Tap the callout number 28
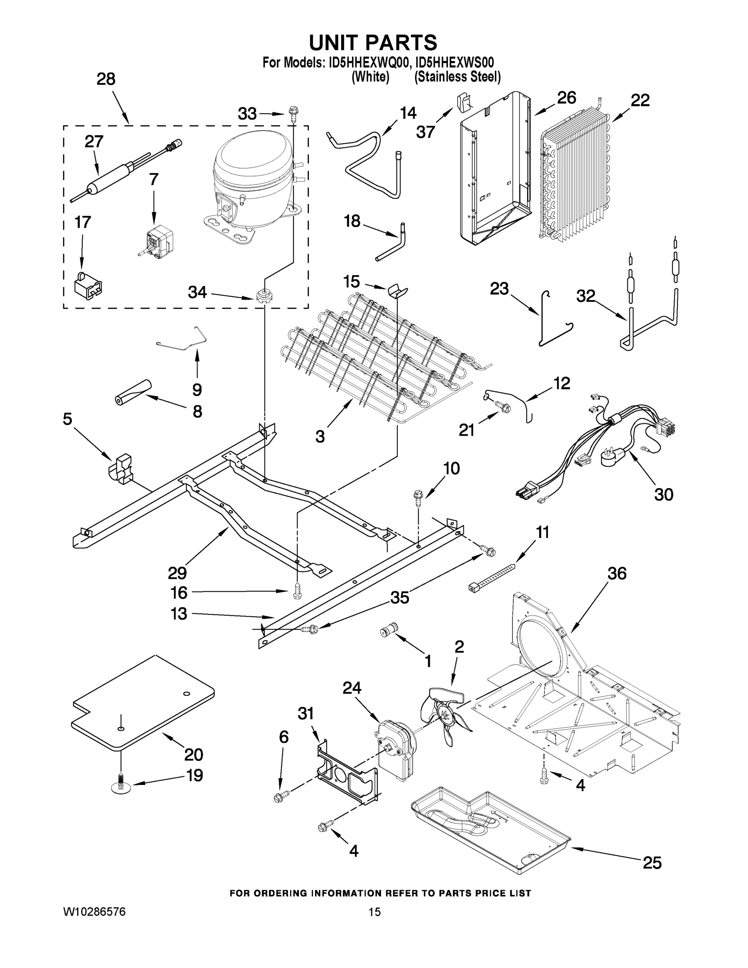pyautogui.click(x=106, y=79)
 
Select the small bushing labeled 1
pyautogui.click(x=389, y=630)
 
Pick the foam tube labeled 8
pyautogui.click(x=131, y=392)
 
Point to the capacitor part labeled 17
pyautogui.click(x=87, y=284)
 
